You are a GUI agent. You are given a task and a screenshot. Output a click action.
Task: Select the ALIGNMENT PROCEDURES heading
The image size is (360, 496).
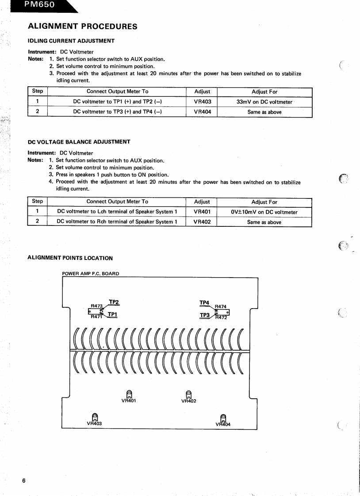82,27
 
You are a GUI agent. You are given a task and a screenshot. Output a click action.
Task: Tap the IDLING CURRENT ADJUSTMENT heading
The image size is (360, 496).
71,41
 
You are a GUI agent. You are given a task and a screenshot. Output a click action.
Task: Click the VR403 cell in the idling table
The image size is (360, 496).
203,102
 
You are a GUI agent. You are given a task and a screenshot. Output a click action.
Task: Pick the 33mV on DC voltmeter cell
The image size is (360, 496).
264,102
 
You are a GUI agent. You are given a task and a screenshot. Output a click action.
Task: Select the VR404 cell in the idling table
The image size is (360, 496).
203,112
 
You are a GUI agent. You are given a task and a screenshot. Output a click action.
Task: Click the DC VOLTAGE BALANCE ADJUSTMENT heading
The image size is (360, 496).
79,142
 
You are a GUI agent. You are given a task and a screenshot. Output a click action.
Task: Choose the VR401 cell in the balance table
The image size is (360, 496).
202,212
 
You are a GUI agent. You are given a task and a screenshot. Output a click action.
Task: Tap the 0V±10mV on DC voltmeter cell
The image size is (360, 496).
264,212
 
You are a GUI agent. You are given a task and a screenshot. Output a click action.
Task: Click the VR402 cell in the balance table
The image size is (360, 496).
202,222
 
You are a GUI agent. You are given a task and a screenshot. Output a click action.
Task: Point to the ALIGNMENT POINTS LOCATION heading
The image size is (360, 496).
70,258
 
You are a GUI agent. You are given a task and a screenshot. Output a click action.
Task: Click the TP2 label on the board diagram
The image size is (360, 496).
114,302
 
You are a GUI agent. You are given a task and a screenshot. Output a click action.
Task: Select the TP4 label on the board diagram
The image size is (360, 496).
204,302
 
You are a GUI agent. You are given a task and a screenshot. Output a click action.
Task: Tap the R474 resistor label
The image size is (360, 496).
220,306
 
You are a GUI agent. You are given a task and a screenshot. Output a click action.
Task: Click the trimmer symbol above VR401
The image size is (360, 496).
129,393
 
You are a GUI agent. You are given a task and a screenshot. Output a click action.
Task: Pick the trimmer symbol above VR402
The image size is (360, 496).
189,393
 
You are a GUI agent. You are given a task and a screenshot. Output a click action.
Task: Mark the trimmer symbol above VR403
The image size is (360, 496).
94,416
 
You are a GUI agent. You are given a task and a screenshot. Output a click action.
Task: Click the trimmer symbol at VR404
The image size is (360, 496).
223,417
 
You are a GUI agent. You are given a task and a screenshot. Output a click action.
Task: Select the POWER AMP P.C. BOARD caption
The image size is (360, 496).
91,274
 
